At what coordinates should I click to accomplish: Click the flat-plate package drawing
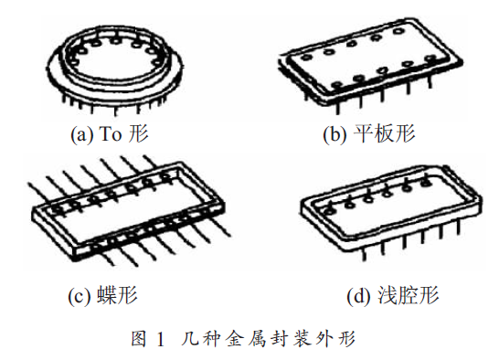click(366, 69)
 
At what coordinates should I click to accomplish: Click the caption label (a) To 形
click(110, 134)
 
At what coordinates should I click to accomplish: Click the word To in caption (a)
click(111, 134)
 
